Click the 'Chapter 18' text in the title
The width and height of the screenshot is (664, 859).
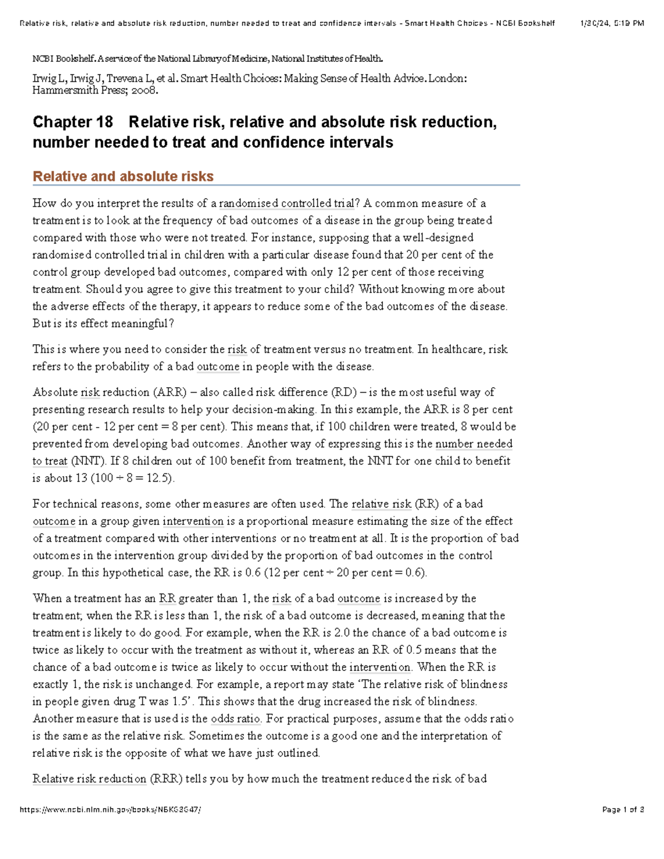[72, 122]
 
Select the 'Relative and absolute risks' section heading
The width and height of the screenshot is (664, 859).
[123, 176]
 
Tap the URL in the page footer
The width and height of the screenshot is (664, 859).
[110, 810]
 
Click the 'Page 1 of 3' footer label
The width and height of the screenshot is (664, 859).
[623, 810]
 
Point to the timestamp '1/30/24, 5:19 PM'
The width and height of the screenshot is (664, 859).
[612, 23]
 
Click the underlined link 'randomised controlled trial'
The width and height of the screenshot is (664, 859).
[287, 204]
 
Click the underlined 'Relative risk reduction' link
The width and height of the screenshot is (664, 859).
[90, 779]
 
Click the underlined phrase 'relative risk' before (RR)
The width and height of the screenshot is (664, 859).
[381, 504]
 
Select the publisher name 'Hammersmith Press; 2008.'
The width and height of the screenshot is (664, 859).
[95, 91]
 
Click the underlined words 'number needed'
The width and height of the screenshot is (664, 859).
[474, 444]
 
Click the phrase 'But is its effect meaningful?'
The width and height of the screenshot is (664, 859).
[103, 324]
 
